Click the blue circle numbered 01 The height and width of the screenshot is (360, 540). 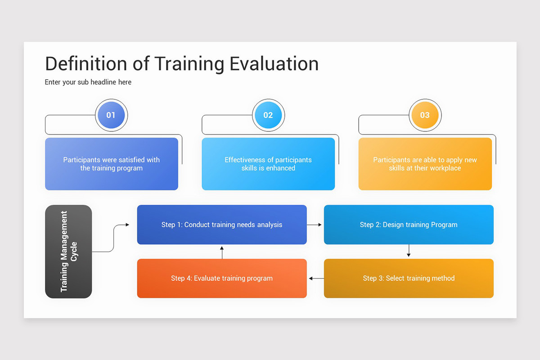pos(111,115)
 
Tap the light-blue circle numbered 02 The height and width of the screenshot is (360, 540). pos(268,115)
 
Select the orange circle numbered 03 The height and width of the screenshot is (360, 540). pos(425,115)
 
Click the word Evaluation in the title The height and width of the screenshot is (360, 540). pos(274,64)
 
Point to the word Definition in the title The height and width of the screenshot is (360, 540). pos(86,64)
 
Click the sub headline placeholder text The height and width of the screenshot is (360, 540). pos(88,82)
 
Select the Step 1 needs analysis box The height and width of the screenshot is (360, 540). pos(222,225)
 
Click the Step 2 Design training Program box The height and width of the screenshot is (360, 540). pos(409,225)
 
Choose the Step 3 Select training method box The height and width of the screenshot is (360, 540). pos(409,278)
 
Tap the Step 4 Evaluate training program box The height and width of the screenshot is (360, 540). pos(222,278)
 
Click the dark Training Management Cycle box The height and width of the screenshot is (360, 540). pos(68,252)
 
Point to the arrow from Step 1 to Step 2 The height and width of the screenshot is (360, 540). pos(315,225)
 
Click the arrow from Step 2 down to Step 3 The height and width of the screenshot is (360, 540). pos(409,251)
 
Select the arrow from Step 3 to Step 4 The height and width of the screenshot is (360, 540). pos(316,279)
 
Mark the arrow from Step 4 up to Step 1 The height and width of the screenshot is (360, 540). pos(222,252)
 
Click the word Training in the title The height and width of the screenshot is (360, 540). pos(189,64)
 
